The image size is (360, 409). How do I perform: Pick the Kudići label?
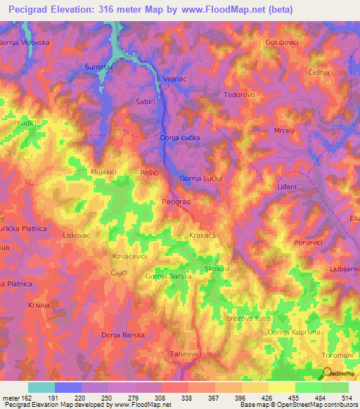pyautogui.click(x=27, y=122)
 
